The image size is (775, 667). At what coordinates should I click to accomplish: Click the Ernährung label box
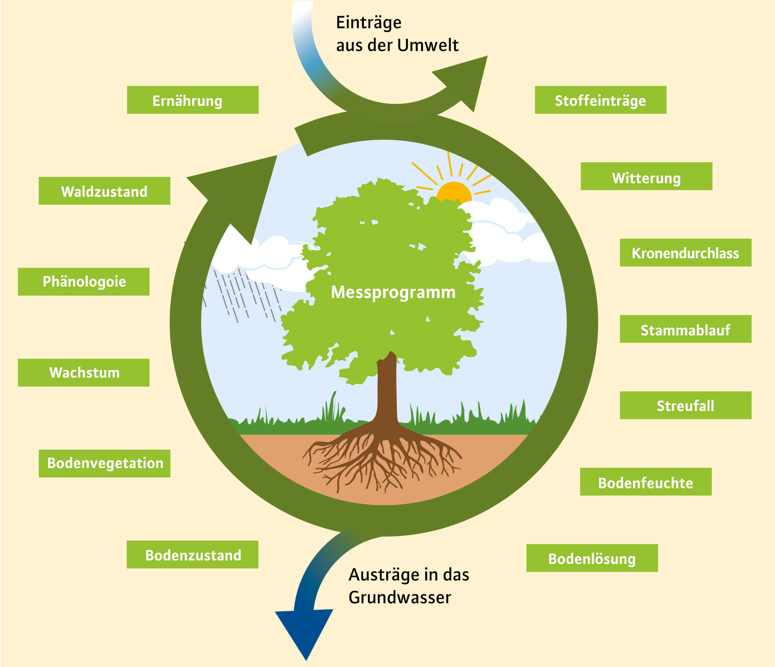tap(193, 100)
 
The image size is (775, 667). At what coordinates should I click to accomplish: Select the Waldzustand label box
tap(104, 191)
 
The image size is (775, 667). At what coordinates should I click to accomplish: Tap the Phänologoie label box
tap(83, 281)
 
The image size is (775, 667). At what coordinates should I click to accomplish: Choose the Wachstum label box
tap(83, 373)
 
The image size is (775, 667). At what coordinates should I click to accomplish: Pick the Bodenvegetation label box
tap(104, 463)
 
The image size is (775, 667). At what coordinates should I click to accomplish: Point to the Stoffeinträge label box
tap(600, 100)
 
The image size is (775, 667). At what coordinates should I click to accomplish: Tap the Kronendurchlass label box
tap(685, 253)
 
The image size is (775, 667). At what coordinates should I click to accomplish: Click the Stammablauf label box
tap(685, 329)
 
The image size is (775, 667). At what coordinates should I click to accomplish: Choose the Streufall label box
tap(685, 405)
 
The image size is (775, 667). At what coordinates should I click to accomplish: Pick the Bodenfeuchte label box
tap(646, 482)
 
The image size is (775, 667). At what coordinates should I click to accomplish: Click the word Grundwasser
tap(399, 597)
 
